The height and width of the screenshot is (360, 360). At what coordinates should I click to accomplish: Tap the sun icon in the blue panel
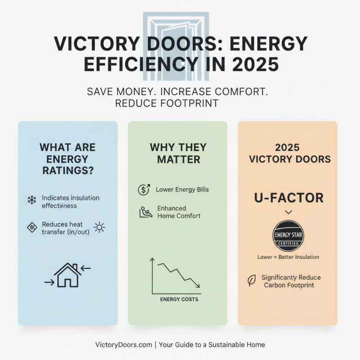click(x=99, y=227)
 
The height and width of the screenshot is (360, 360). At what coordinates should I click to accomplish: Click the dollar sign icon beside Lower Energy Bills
click(x=143, y=190)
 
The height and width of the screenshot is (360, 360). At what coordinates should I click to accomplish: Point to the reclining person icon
click(x=144, y=212)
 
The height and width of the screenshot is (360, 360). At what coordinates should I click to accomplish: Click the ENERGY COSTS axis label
click(x=179, y=299)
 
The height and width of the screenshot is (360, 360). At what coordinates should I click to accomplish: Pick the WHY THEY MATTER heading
click(x=178, y=153)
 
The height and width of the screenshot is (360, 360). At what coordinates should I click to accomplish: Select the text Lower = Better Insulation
click(x=288, y=257)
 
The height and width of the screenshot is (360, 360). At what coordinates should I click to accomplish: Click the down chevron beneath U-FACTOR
click(x=288, y=212)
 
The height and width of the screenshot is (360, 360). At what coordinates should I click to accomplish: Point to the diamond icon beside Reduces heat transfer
click(x=31, y=227)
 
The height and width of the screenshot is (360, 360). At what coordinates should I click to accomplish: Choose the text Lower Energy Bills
click(x=182, y=189)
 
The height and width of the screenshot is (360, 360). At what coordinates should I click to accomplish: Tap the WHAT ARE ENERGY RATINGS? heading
click(x=67, y=159)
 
